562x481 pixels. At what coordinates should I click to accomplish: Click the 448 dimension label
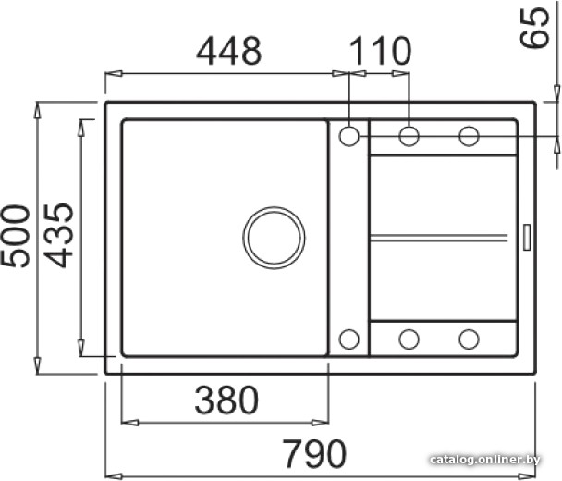pyautogui.click(x=229, y=51)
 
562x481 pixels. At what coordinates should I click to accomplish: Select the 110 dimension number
pyautogui.click(x=380, y=51)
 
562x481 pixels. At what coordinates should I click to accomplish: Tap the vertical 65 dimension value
pyautogui.click(x=534, y=28)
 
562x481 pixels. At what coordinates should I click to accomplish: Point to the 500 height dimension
pyautogui.click(x=15, y=236)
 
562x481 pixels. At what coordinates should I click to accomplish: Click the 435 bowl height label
pyautogui.click(x=58, y=236)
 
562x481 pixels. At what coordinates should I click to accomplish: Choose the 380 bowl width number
pyautogui.click(x=226, y=400)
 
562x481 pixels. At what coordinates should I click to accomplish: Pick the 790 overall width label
pyautogui.click(x=314, y=453)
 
